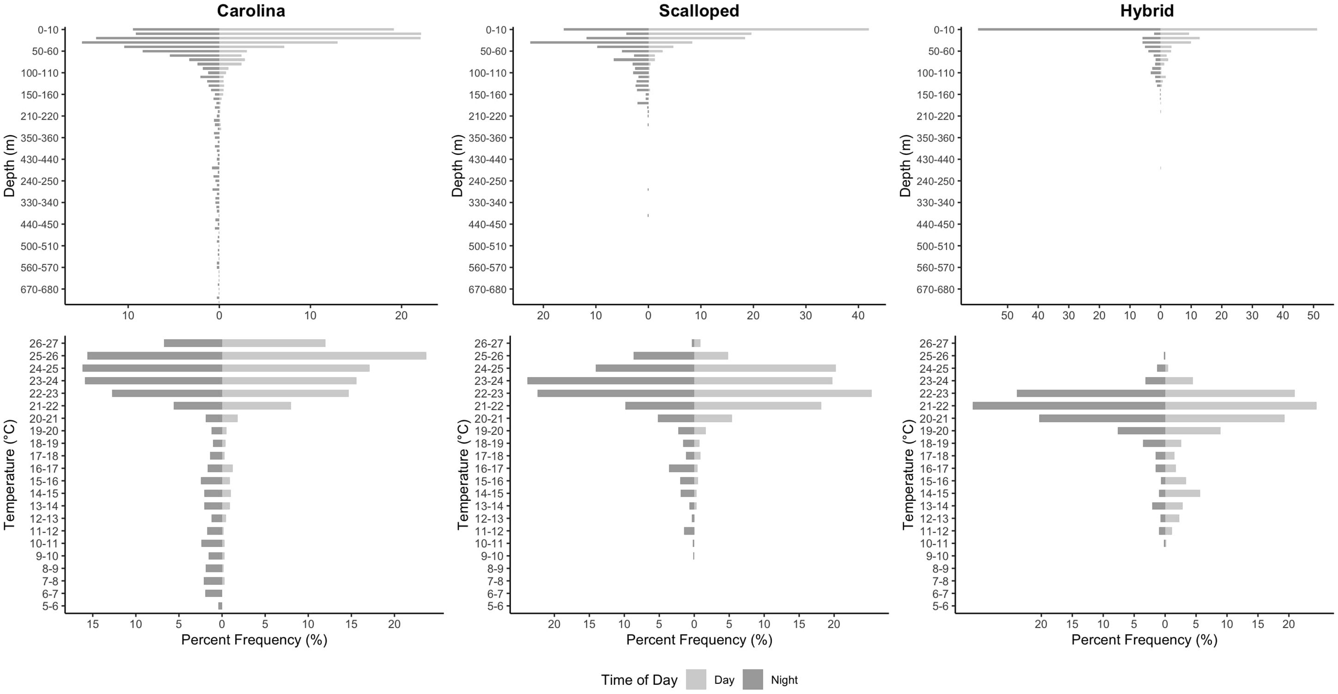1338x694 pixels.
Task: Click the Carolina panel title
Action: point(251,11)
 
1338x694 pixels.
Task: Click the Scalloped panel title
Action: point(699,11)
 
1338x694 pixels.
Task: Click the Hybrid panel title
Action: point(1147,11)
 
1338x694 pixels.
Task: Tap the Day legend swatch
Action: point(695,680)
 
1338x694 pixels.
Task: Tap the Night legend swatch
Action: point(753,680)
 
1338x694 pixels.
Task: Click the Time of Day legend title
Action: point(639,680)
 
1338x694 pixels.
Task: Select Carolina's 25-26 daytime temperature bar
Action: point(324,356)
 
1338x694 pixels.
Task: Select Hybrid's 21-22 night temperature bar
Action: point(1069,406)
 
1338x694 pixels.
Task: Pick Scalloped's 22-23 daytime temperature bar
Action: point(782,393)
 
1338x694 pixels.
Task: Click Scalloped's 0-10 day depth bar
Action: point(758,29)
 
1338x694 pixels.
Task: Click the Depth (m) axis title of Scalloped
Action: point(456,166)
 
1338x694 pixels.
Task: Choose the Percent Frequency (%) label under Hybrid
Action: point(1144,639)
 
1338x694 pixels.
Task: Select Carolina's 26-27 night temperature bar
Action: point(193,343)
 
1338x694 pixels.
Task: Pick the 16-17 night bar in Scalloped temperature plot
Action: point(681,468)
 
